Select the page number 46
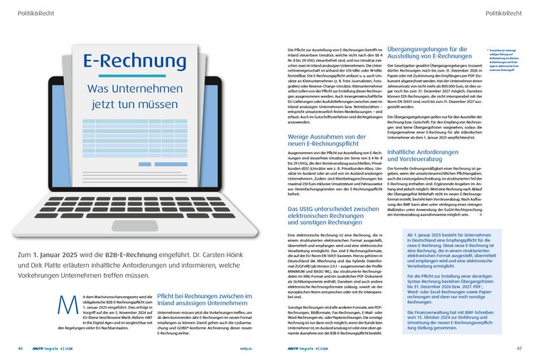(x=21, y=348)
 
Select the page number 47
(x=519, y=348)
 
